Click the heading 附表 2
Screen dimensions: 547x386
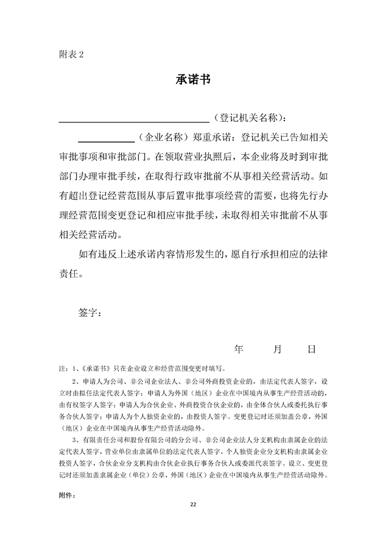(x=72, y=54)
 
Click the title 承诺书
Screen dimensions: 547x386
(x=193, y=81)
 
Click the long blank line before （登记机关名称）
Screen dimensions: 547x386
(x=134, y=118)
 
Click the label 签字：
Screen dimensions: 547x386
(x=90, y=313)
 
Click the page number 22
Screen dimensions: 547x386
(x=193, y=504)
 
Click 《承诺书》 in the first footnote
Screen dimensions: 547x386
(x=96, y=368)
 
